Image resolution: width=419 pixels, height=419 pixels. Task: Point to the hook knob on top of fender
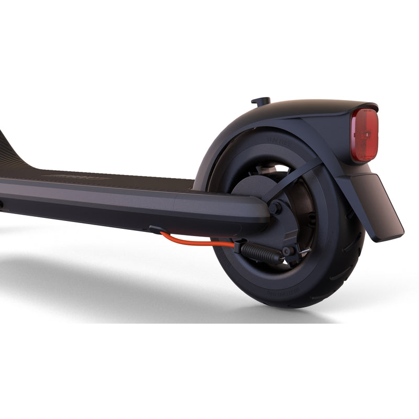coord(261,101)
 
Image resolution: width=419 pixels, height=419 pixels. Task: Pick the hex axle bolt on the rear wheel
coord(274,208)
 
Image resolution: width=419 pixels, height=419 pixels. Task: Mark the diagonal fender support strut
coord(293,181)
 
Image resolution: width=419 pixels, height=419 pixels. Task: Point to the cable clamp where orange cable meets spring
coord(238,245)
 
